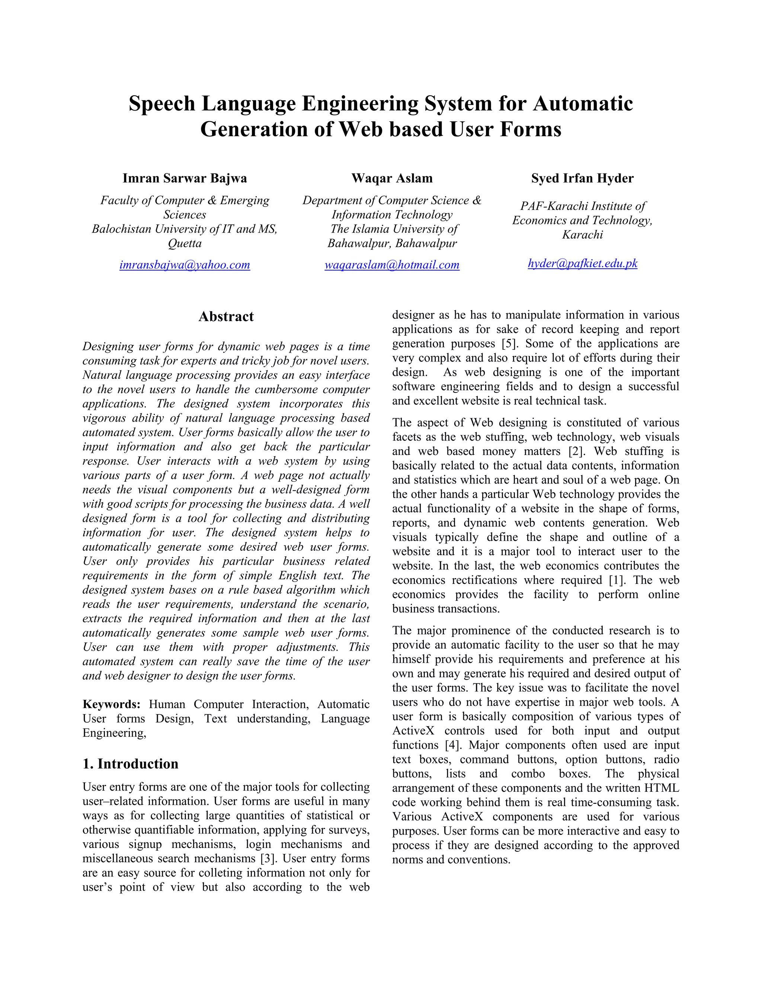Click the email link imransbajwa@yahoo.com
[185, 265]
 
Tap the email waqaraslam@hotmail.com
[392, 265]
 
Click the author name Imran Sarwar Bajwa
[185, 178]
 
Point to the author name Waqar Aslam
[392, 178]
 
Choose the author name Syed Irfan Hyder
[582, 178]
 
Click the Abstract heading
[226, 317]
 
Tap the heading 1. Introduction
[131, 764]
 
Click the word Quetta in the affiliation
[185, 243]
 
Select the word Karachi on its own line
[582, 235]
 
